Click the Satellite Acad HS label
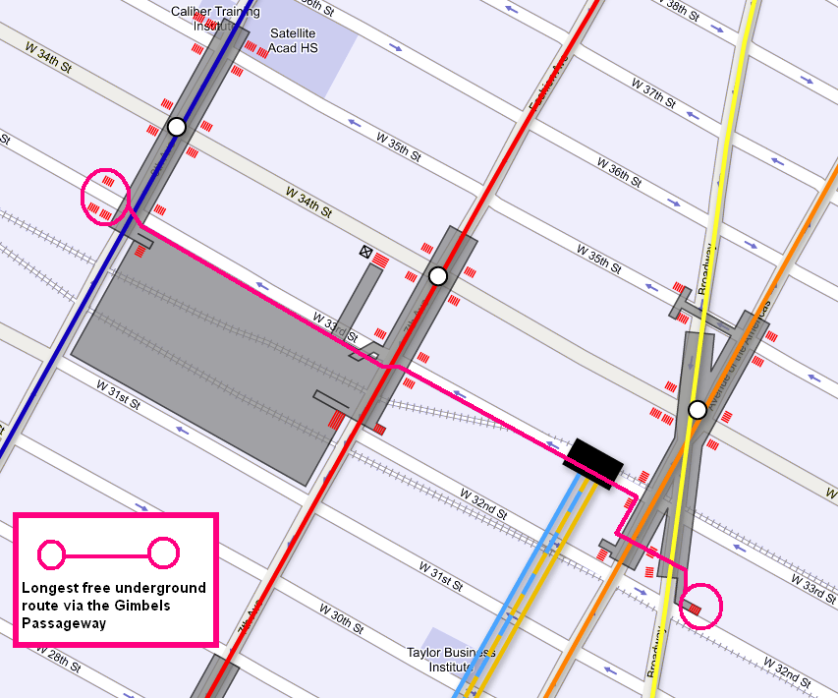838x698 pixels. [293, 40]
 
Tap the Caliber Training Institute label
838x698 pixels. [213, 18]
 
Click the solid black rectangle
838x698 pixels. [594, 460]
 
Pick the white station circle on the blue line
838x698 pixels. [177, 127]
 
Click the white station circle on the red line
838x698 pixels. [438, 276]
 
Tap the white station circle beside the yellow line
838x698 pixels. [697, 409]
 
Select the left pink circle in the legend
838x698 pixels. [51, 554]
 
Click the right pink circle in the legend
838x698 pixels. [163, 554]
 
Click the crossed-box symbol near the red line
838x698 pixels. [366, 253]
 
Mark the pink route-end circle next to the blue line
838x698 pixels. [104, 196]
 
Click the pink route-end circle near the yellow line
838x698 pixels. [698, 608]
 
